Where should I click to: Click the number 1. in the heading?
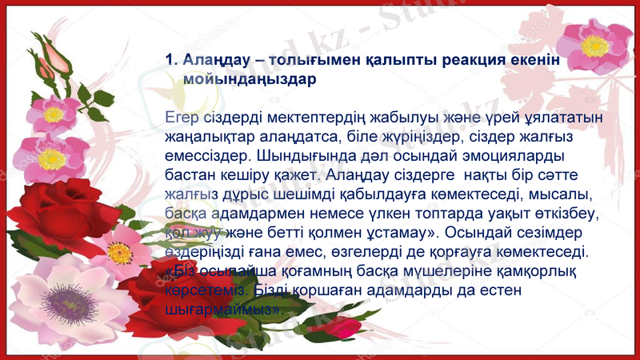170,60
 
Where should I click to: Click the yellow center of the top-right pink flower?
595,46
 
